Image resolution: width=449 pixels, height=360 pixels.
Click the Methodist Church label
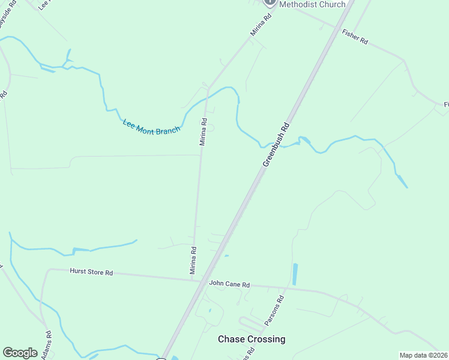click(312, 4)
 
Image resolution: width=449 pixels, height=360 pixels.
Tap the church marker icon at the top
click(270, 2)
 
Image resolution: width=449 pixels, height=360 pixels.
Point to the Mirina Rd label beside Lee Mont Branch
click(203, 132)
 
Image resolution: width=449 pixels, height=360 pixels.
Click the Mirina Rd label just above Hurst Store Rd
click(193, 260)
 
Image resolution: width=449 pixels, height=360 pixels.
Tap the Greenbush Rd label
click(276, 145)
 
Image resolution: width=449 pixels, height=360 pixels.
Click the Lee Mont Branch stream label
click(151, 127)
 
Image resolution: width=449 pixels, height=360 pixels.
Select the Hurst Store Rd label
click(91, 272)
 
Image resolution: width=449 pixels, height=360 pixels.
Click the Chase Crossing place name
click(251, 339)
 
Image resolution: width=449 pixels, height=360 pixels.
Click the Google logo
click(20, 353)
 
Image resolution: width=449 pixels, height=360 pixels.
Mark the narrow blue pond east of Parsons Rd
click(294, 274)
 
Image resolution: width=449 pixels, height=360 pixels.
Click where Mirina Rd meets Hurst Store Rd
click(191, 279)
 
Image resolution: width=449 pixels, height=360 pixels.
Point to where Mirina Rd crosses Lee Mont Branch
click(206, 97)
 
